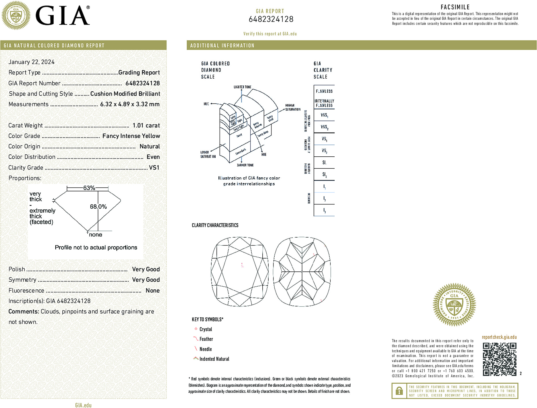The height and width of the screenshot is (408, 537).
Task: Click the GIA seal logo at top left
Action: (x=16, y=15)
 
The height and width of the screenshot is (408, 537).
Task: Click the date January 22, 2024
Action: (x=32, y=62)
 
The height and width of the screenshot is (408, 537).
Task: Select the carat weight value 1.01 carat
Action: (x=146, y=125)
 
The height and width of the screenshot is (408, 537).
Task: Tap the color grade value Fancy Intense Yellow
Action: (x=131, y=136)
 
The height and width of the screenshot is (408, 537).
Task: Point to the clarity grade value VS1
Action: (x=154, y=168)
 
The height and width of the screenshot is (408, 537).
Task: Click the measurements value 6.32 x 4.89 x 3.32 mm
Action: (x=130, y=104)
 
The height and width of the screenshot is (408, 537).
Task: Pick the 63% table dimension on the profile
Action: (x=89, y=188)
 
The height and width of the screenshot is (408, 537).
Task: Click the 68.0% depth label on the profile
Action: (x=98, y=207)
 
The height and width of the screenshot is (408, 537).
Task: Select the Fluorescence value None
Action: (x=153, y=290)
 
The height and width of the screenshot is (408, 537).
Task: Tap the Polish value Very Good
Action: (x=146, y=269)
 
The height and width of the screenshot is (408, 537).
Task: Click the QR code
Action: (x=499, y=359)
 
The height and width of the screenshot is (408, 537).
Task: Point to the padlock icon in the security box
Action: (x=399, y=391)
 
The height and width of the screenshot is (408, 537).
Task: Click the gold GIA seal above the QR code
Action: (x=454, y=305)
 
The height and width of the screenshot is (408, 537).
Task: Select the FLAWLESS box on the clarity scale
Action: (x=324, y=91)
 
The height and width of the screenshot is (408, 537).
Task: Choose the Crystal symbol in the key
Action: (x=196, y=329)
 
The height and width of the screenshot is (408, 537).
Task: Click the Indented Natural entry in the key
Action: (x=214, y=359)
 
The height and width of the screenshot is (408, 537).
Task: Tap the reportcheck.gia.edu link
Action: (x=499, y=337)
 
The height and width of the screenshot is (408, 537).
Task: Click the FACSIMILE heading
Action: (x=455, y=7)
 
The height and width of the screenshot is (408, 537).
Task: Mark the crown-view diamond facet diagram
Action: (x=240, y=272)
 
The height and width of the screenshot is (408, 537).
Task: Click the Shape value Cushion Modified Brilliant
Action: (x=125, y=94)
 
